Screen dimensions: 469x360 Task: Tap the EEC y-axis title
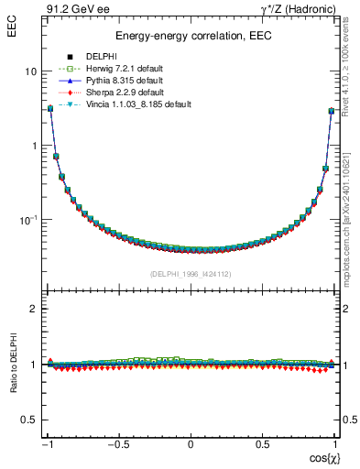pyautogui.click(x=12, y=29)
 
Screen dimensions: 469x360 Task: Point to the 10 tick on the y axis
pyautogui.click(x=31, y=71)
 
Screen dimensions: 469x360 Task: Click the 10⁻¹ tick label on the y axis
pyautogui.click(x=28, y=220)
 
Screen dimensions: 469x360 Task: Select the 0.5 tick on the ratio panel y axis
pyautogui.click(x=28, y=420)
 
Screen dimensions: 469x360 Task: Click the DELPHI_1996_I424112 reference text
pyautogui.click(x=190, y=273)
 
